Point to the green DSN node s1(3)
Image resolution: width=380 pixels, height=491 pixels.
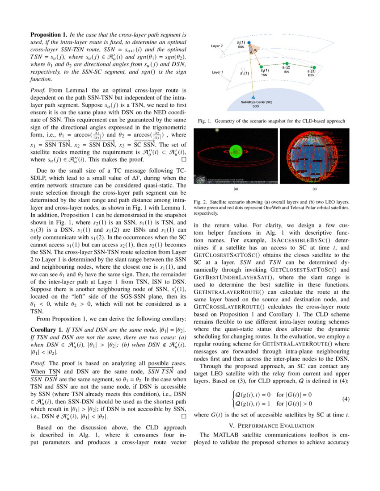(x=313, y=67)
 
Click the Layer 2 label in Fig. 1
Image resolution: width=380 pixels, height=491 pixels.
(x=217, y=46)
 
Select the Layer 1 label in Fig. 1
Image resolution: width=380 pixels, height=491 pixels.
(x=217, y=71)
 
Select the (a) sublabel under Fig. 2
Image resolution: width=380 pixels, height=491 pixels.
(x=235, y=189)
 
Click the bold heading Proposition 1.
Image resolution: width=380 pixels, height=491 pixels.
(x=49, y=34)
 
